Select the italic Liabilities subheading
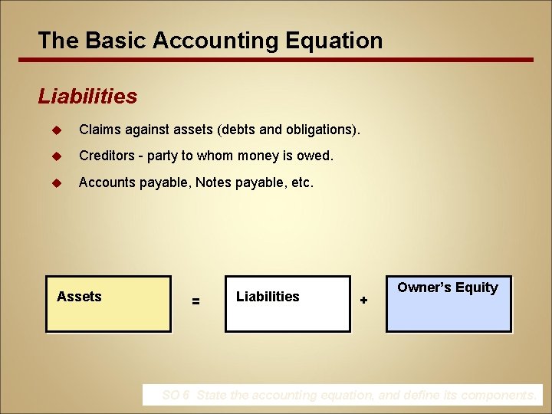pyautogui.click(x=87, y=97)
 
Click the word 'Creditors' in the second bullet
pyautogui.click(x=107, y=156)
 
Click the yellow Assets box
pyautogui.click(x=109, y=304)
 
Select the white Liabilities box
pyautogui.click(x=287, y=304)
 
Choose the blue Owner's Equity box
pyautogui.click(x=449, y=304)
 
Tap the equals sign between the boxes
pyautogui.click(x=196, y=302)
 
